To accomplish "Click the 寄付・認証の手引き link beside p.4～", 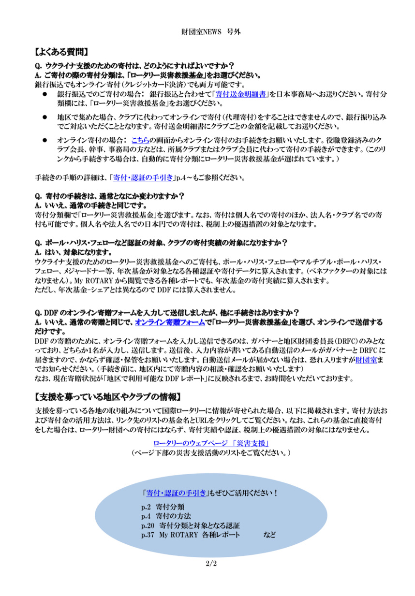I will [143, 178].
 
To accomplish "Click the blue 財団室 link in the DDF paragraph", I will [366, 359].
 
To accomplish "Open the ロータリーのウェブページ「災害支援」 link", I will [211, 443].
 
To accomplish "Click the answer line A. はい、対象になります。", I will [74, 252].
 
